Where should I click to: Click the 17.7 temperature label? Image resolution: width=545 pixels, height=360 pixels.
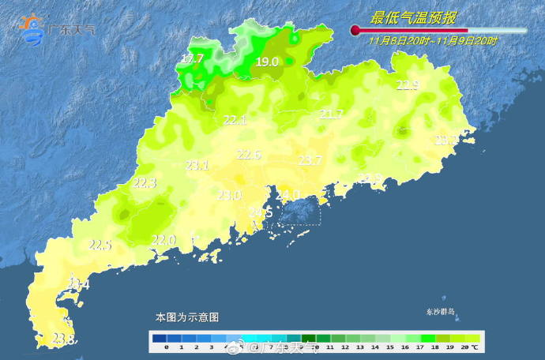192,59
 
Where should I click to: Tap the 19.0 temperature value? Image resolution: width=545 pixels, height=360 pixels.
268,62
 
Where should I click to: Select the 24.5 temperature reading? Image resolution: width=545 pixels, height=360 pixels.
261,213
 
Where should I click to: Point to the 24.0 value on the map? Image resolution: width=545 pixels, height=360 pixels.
287,194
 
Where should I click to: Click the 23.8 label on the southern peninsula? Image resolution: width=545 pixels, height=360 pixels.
64,339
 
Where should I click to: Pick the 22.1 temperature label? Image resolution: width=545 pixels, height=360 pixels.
235,121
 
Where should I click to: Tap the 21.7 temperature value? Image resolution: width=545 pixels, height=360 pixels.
332,114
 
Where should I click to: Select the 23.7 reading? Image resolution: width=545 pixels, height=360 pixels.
310,160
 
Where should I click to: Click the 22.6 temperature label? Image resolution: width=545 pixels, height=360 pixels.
249,155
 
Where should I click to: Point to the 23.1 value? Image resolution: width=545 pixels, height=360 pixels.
197,166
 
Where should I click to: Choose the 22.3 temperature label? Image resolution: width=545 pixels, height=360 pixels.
145,183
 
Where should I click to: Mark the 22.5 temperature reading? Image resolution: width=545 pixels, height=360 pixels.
100,246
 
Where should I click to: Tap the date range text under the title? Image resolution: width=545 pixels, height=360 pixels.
433,40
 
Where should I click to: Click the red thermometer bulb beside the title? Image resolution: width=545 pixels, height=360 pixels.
355,31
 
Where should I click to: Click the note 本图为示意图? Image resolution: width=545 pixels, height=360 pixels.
186,317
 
